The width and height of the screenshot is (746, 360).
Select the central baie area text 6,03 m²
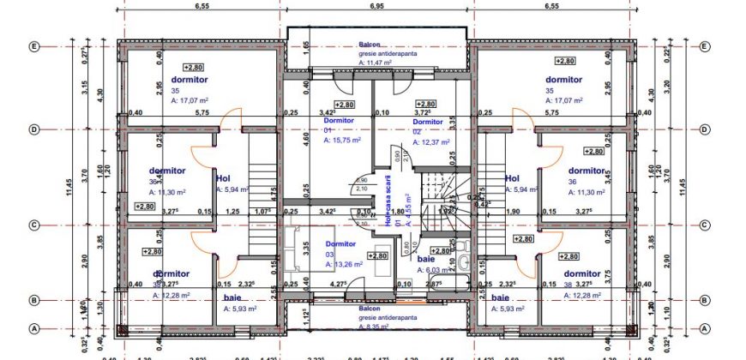point(432,269)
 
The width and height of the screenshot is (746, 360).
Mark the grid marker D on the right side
point(705,129)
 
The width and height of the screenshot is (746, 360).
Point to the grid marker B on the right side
point(705,300)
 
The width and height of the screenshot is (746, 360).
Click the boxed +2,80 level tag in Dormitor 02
point(427,104)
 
